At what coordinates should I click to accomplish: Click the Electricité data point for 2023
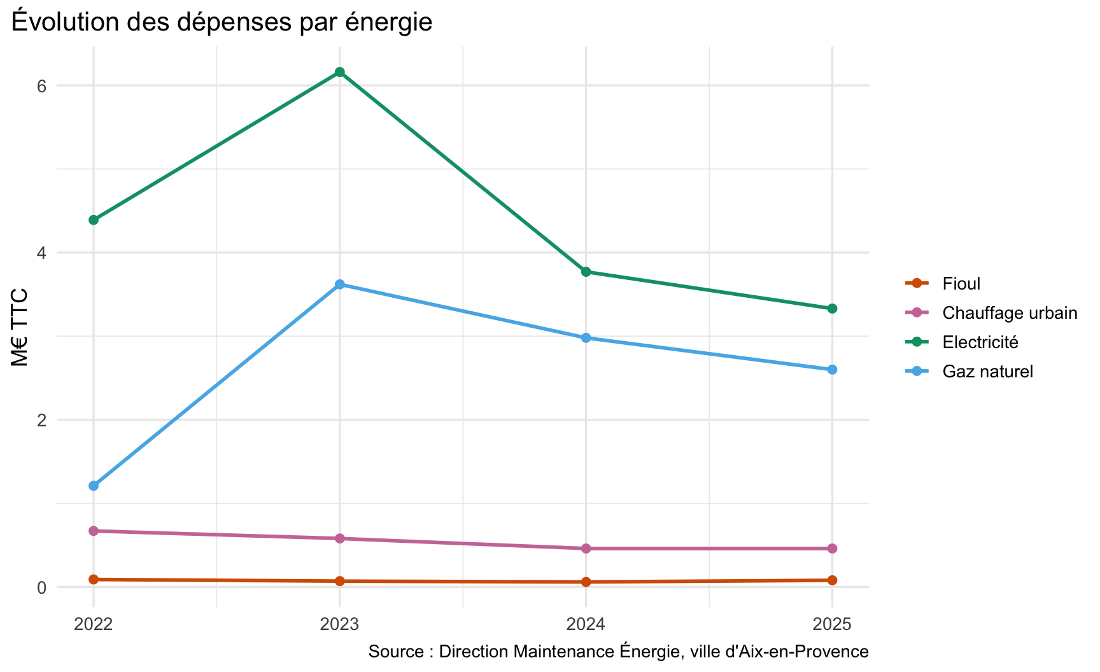340,72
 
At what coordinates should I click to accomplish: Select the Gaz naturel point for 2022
94,486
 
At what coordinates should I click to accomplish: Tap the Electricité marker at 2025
832,309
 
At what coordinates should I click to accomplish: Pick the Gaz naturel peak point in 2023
340,284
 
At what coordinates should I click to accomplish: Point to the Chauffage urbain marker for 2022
94,531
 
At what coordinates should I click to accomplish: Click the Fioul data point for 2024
586,582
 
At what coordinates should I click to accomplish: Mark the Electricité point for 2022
94,220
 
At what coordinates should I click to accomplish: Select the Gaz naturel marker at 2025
832,370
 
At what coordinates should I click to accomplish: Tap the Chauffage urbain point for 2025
832,549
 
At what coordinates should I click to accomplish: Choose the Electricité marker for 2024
586,272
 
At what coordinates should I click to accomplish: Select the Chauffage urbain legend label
1010,313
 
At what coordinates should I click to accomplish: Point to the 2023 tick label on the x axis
340,624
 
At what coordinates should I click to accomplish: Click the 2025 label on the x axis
832,624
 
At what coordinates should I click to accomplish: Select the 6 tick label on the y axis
42,86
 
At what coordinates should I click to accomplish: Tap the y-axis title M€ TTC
20,327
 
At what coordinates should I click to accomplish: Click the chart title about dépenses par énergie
222,22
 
